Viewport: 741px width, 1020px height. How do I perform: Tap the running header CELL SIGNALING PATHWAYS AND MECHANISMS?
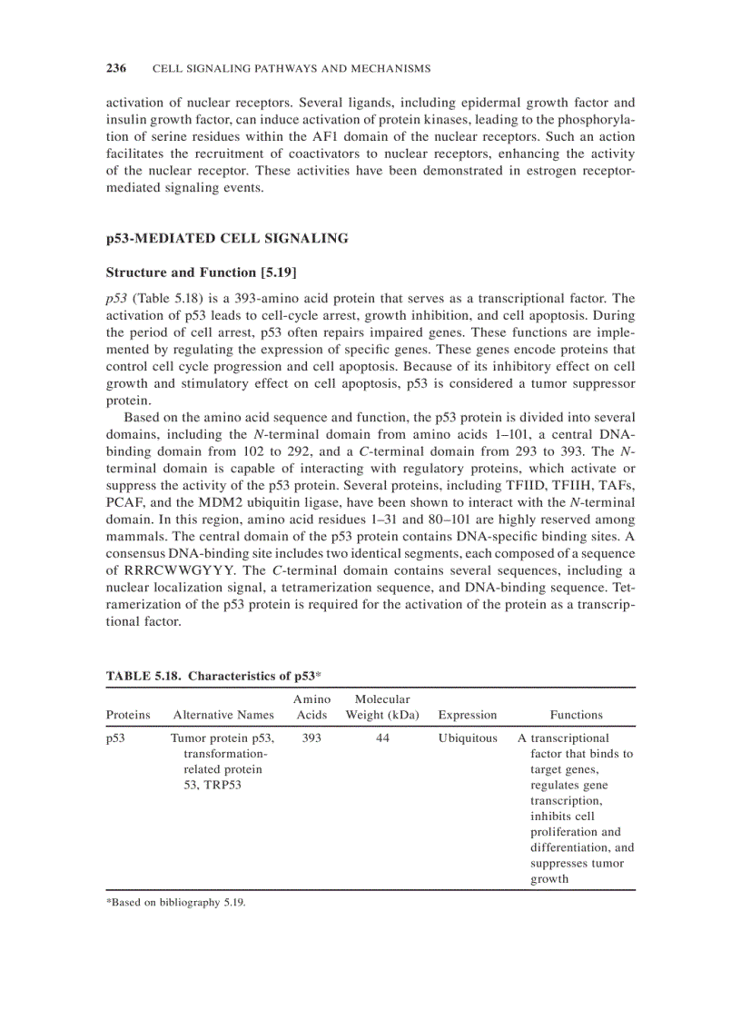291,69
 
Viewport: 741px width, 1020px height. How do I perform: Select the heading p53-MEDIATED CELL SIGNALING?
227,239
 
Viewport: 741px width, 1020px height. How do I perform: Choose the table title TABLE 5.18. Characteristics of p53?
214,676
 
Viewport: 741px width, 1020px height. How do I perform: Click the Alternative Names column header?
223,715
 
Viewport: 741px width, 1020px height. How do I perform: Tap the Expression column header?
467,715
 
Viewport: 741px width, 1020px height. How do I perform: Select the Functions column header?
576,715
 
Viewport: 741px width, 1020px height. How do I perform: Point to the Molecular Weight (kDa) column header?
381,707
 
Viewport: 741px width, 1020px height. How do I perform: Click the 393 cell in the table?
311,738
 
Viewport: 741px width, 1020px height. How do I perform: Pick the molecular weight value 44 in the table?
382,738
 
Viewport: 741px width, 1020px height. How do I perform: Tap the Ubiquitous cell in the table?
467,738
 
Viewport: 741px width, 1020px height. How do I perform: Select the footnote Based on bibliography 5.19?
177,903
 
